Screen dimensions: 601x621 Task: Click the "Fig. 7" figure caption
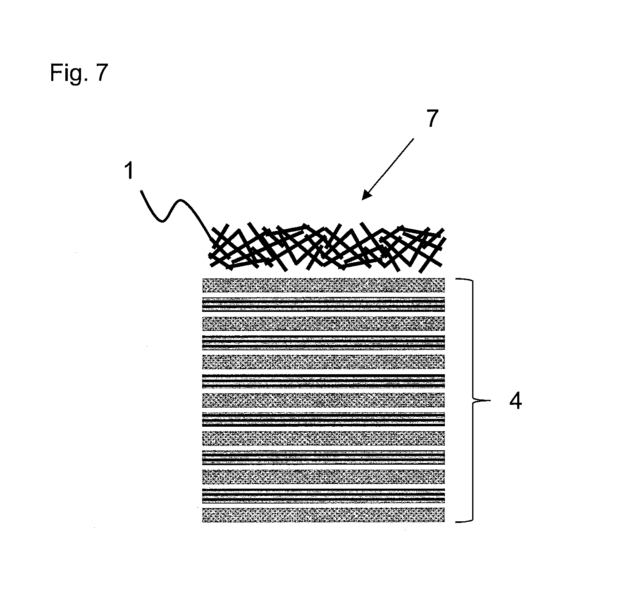(x=79, y=74)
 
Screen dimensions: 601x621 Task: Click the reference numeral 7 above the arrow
(x=431, y=119)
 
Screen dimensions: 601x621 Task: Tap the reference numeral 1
(x=129, y=171)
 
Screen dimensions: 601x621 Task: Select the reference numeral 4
(x=515, y=401)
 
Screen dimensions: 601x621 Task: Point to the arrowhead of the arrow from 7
(x=365, y=196)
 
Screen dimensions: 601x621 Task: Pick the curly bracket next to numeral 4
(x=471, y=400)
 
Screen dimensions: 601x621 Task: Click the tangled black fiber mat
(x=327, y=248)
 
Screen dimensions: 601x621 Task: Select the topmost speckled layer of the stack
(x=323, y=285)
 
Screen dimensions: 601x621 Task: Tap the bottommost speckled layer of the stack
(x=323, y=515)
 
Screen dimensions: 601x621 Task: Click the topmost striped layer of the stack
(x=323, y=304)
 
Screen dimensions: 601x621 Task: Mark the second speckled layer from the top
(x=323, y=323)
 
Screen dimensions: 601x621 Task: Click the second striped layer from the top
(x=323, y=342)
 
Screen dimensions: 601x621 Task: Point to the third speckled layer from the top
(x=323, y=362)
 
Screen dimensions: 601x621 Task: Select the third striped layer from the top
(x=323, y=381)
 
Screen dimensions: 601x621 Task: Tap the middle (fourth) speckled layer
(x=323, y=400)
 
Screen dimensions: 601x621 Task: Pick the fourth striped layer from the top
(x=323, y=419)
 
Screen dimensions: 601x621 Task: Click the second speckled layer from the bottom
(x=323, y=476)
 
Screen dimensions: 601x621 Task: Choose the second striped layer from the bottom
(x=323, y=457)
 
